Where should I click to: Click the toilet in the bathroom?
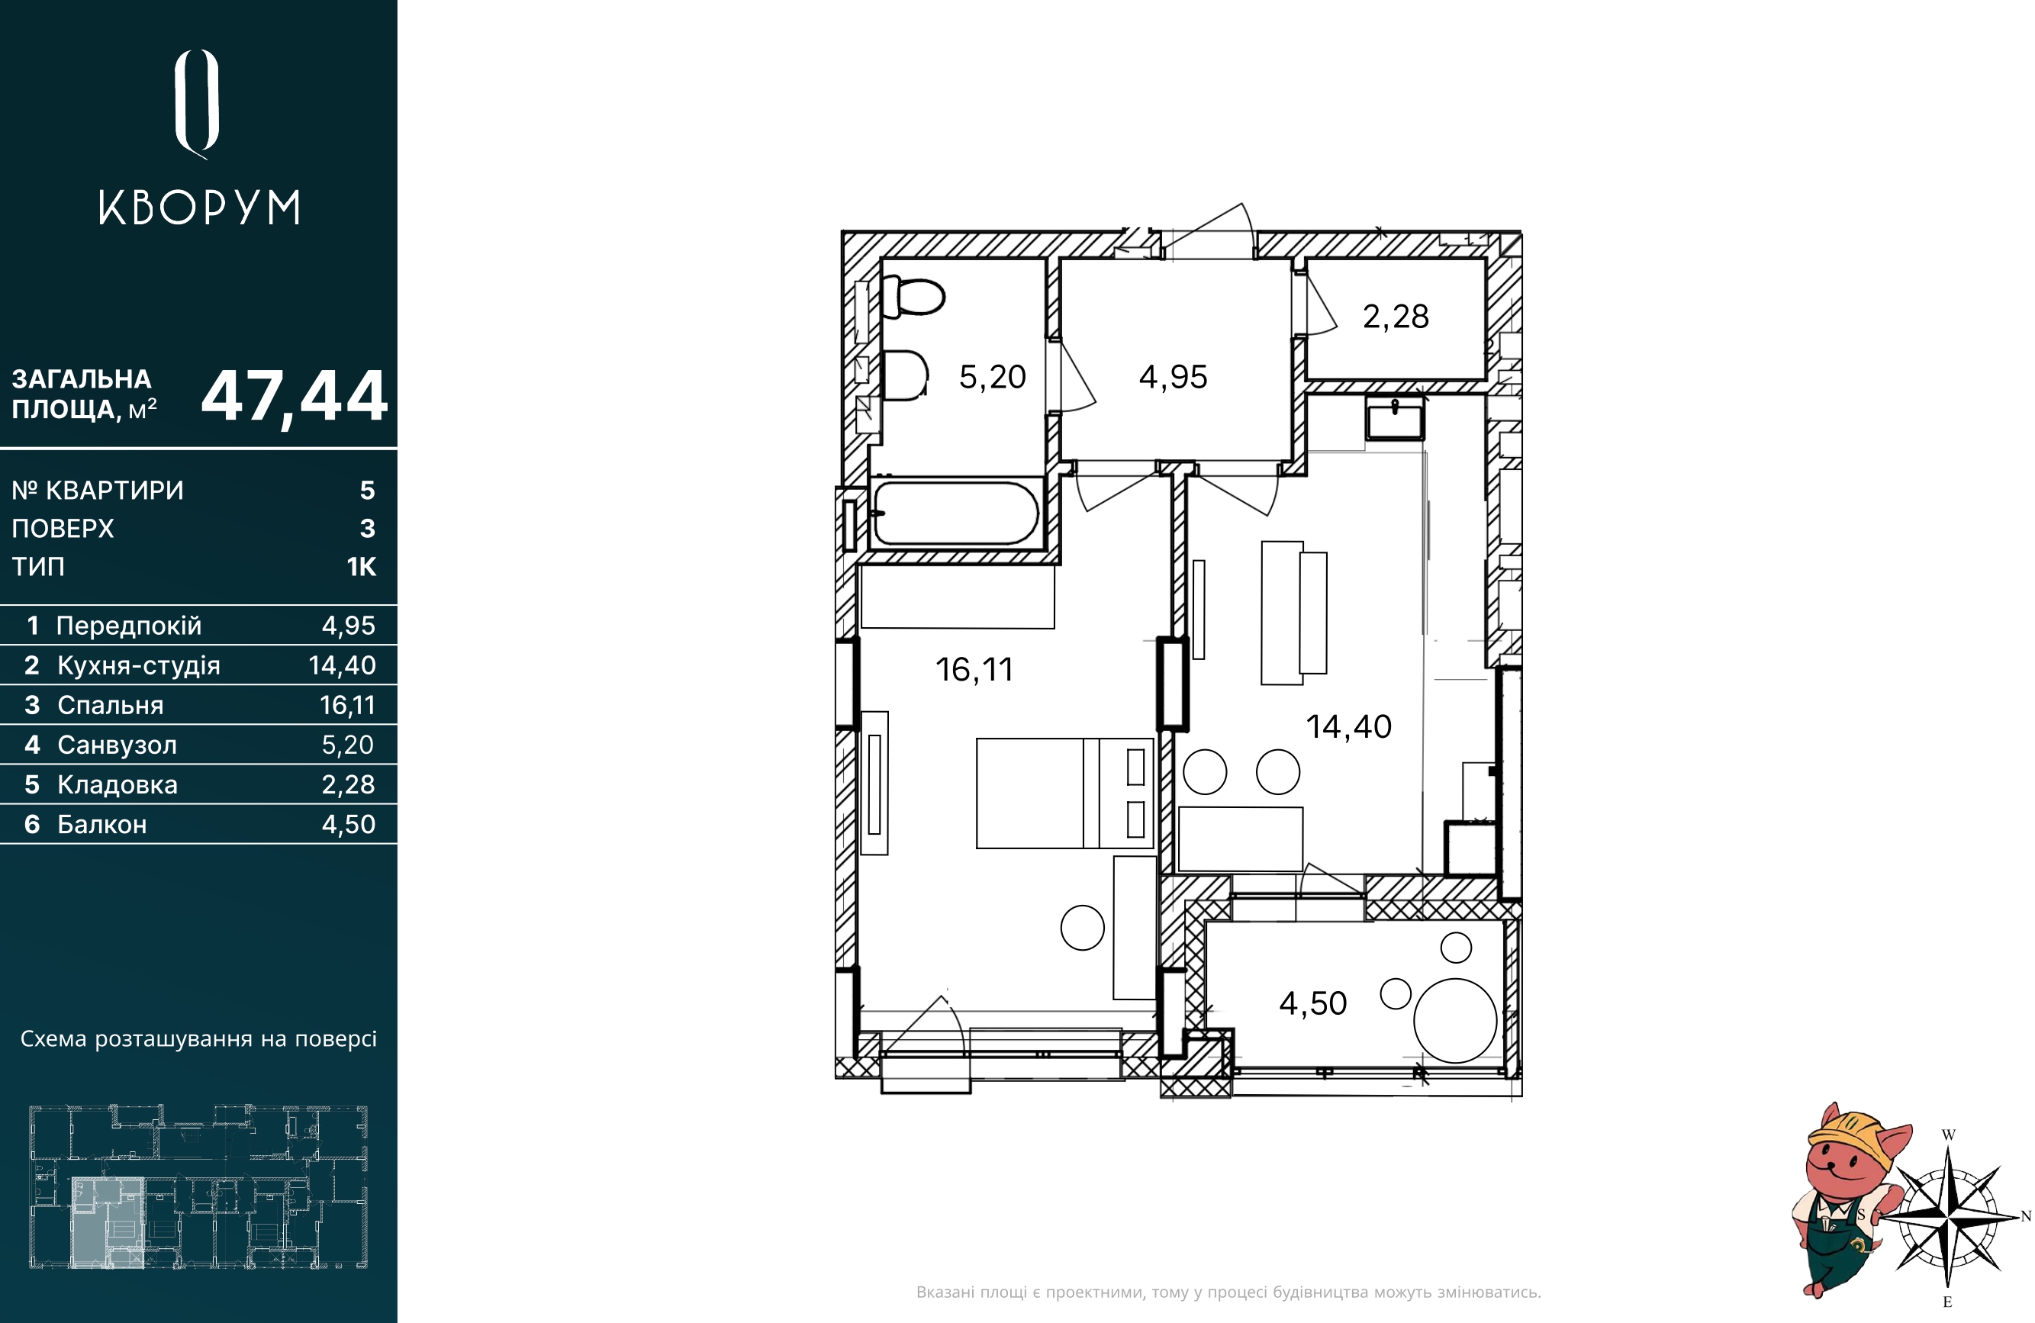click(x=913, y=296)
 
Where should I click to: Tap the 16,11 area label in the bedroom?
click(x=974, y=670)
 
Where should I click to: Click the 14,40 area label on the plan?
click(x=1348, y=727)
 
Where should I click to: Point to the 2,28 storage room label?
click(x=1396, y=317)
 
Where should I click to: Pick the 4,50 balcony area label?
click(x=1312, y=1003)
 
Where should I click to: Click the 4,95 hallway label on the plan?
click(x=1173, y=377)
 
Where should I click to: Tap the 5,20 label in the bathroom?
click(x=992, y=377)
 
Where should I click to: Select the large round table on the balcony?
click(x=1455, y=1020)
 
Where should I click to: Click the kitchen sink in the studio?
click(x=1395, y=418)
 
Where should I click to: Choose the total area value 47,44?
click(x=294, y=397)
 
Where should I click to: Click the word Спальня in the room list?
click(x=111, y=706)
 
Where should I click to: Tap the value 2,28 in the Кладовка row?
click(x=348, y=784)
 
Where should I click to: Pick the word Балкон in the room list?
click(x=101, y=825)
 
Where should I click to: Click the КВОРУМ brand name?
click(x=199, y=207)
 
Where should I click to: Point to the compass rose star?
click(x=1948, y=1215)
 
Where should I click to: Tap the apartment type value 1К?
click(x=361, y=567)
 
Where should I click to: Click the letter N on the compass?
click(x=2026, y=1216)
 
